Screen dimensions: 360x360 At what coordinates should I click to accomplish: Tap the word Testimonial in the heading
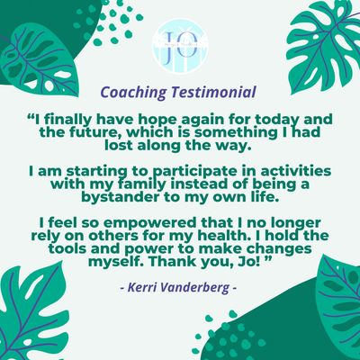pyautogui.click(x=213, y=92)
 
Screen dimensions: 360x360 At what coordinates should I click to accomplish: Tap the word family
pyautogui.click(x=139, y=184)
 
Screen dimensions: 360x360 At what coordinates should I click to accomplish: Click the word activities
pyautogui.click(x=296, y=172)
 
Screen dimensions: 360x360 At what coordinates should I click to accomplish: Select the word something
pyautogui.click(x=233, y=133)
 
